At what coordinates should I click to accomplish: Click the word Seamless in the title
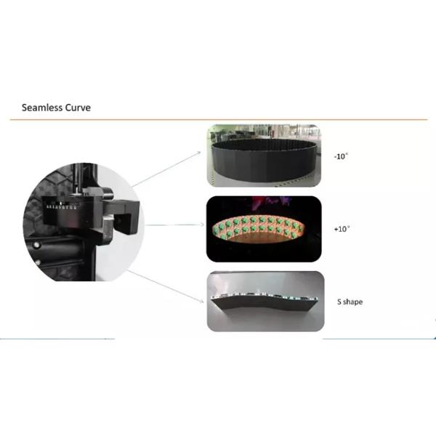[x=43, y=108]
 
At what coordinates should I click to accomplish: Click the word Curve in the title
[x=78, y=108]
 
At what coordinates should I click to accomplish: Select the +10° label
[x=342, y=228]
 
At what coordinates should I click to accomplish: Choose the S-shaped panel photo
[x=265, y=302]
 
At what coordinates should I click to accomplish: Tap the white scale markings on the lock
[x=61, y=206]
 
